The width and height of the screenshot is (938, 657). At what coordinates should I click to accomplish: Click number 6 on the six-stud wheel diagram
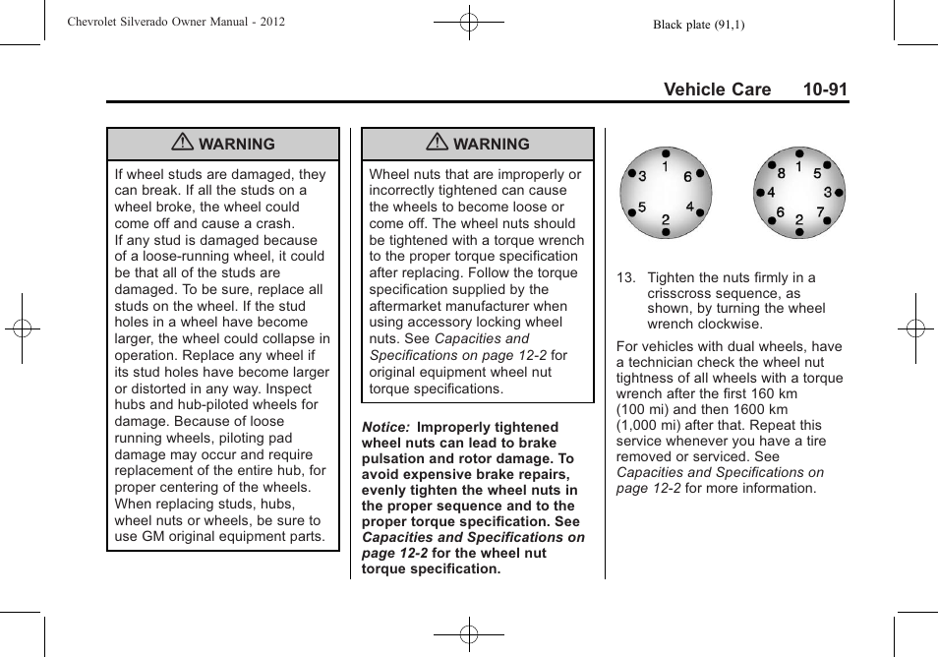pyautogui.click(x=687, y=176)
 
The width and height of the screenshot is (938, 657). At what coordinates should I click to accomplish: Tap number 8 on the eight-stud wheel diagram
pyautogui.click(x=782, y=174)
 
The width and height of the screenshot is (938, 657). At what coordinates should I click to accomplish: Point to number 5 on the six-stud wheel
pyautogui.click(x=642, y=208)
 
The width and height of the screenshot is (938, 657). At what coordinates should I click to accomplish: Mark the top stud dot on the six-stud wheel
pyautogui.click(x=666, y=154)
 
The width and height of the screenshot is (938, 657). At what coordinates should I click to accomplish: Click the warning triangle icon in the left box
pyautogui.click(x=182, y=144)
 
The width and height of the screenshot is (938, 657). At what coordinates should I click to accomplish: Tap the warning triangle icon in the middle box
pyautogui.click(x=437, y=144)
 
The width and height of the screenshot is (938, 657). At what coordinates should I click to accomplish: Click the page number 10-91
pyautogui.click(x=824, y=90)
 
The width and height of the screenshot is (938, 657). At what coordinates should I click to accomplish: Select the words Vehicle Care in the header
pyautogui.click(x=717, y=90)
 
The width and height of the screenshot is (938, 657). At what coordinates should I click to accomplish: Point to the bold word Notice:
pyautogui.click(x=384, y=427)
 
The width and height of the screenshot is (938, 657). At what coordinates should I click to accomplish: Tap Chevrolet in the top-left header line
pyautogui.click(x=101, y=21)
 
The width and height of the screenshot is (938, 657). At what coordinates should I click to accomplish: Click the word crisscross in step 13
pyautogui.click(x=681, y=293)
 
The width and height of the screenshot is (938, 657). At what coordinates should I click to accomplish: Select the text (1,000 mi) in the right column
pyautogui.click(x=653, y=425)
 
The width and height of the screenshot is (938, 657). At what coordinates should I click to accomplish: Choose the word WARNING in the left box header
pyautogui.click(x=237, y=144)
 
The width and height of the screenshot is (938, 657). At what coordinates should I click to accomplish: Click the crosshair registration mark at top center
pyautogui.click(x=469, y=21)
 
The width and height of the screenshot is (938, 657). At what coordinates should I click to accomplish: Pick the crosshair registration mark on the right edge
pyautogui.click(x=915, y=328)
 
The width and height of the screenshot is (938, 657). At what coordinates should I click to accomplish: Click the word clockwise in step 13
pyautogui.click(x=731, y=324)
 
